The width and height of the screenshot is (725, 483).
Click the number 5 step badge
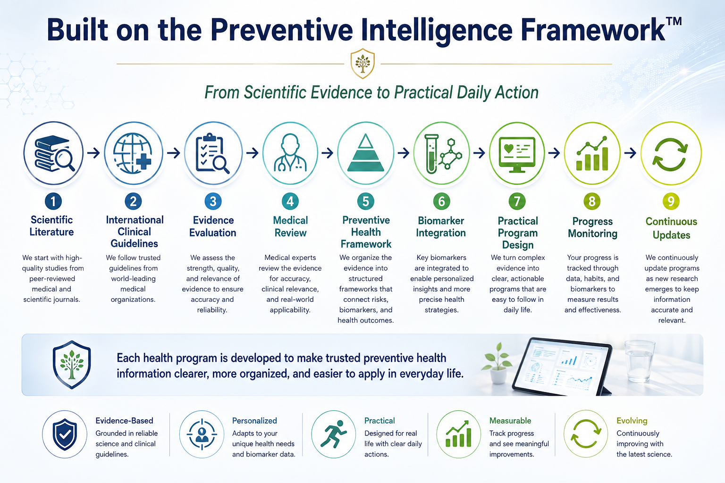(366, 201)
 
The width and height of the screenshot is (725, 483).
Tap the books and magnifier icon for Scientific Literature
(54, 153)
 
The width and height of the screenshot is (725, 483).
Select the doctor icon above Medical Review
(290, 152)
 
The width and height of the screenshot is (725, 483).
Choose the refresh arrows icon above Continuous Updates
(670, 154)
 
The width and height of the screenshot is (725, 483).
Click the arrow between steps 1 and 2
(93, 153)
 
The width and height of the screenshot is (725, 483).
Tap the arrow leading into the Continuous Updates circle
(630, 153)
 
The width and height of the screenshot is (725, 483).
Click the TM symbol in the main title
(674, 22)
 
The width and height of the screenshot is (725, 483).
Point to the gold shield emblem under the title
(362, 63)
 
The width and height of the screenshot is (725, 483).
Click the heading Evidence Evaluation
(213, 226)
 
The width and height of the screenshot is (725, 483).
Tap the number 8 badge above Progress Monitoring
(592, 201)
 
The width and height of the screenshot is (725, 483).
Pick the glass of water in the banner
(639, 361)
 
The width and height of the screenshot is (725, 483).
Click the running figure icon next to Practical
(333, 434)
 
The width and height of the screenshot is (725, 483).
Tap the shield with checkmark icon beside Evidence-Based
(65, 434)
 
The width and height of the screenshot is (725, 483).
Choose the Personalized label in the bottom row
(254, 421)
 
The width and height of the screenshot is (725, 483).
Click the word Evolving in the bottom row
(632, 421)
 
